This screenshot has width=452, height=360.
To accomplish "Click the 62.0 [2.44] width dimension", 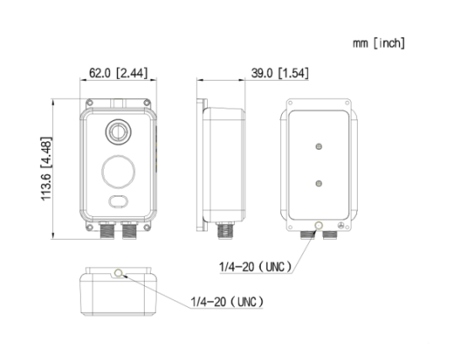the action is pos(118,73).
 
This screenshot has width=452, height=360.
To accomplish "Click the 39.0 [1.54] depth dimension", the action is pos(279,73).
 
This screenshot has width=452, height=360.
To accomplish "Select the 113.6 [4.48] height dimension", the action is pos(46,168).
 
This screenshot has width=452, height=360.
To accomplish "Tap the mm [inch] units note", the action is pos(379,43).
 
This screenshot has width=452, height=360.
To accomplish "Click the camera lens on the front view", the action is pos(118,132).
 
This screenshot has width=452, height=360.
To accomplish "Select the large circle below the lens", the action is pos(118,172).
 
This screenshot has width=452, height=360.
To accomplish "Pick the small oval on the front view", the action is pos(118,201).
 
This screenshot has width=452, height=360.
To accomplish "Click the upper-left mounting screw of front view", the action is pos(90,103).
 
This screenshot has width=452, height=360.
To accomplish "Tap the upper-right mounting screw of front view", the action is pos(146,103).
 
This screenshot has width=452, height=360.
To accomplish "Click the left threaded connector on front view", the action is pos(107,230).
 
